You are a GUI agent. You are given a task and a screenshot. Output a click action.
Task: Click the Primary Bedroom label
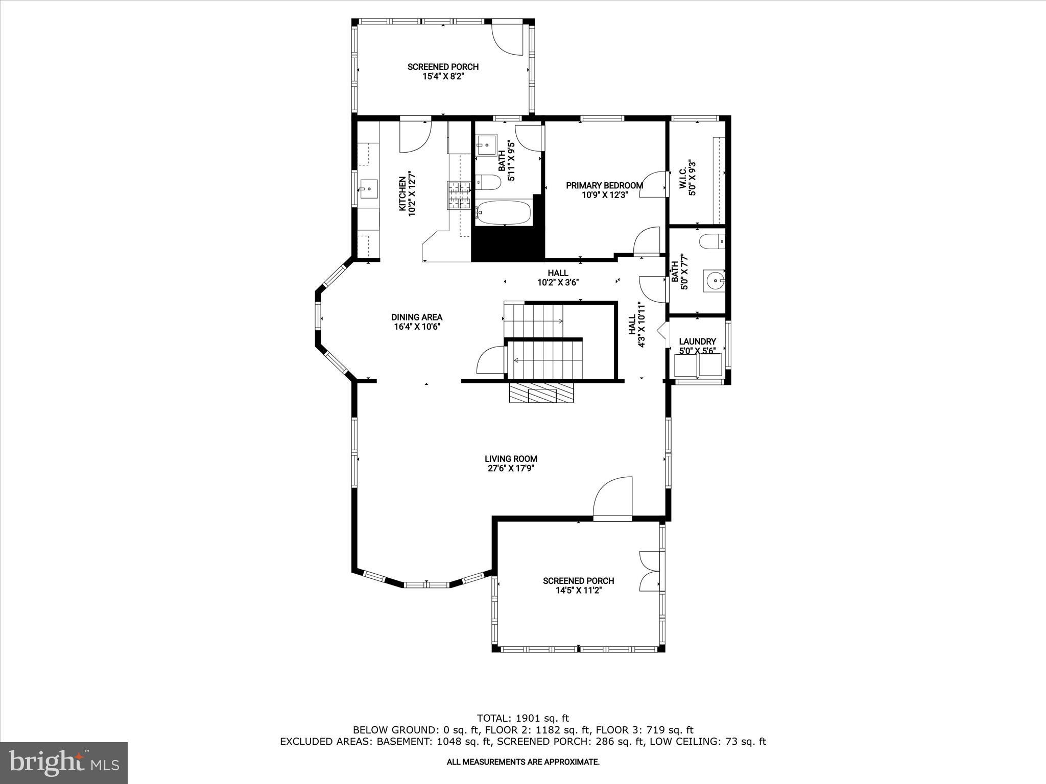pyautogui.click(x=604, y=185)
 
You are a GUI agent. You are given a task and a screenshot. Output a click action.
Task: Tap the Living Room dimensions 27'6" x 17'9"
pyautogui.click(x=511, y=468)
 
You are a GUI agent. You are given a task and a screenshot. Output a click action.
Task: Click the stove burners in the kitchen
pyautogui.click(x=459, y=195)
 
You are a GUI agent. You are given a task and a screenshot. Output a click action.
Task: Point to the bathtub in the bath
pyautogui.click(x=503, y=212)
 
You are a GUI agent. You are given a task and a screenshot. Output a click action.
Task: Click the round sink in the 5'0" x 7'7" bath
pyautogui.click(x=714, y=280)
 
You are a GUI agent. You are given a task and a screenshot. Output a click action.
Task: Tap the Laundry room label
pyautogui.click(x=697, y=341)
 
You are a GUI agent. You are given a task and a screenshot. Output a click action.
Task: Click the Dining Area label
pyautogui.click(x=417, y=317)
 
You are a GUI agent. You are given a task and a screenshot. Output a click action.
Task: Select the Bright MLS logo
pyautogui.click(x=64, y=763)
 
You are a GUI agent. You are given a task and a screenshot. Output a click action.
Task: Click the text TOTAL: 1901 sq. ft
pyautogui.click(x=522, y=719)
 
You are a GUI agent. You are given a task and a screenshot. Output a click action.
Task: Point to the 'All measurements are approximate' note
pyautogui.click(x=522, y=762)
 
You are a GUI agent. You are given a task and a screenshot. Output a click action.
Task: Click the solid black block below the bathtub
pyautogui.click(x=508, y=244)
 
